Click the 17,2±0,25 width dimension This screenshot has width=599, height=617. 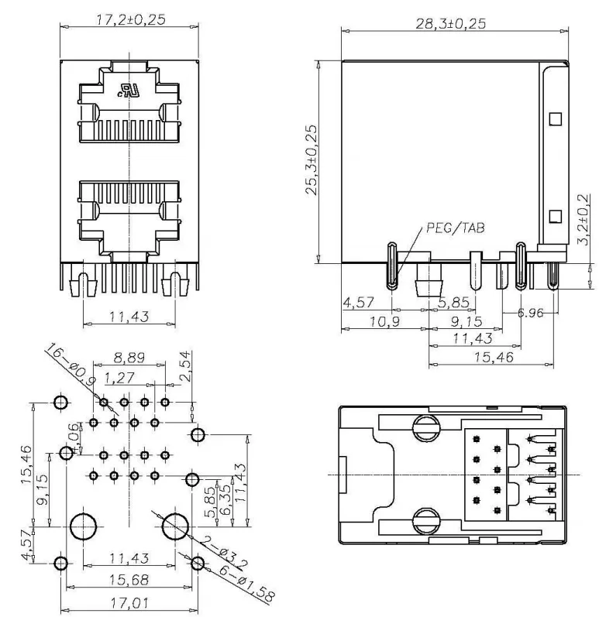click(x=131, y=19)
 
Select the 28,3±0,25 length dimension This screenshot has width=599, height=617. click(x=451, y=23)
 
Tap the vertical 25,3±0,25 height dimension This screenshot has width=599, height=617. click(x=311, y=159)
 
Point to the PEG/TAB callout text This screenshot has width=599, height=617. click(x=456, y=228)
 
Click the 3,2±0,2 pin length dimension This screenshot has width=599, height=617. click(x=584, y=219)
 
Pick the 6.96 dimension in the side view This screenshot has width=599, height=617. click(x=530, y=313)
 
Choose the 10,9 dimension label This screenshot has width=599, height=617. click(x=384, y=322)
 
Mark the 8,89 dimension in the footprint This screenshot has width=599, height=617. click(x=129, y=358)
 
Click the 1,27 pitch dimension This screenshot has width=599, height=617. click(x=119, y=378)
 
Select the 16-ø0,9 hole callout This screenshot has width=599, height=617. click(x=71, y=364)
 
